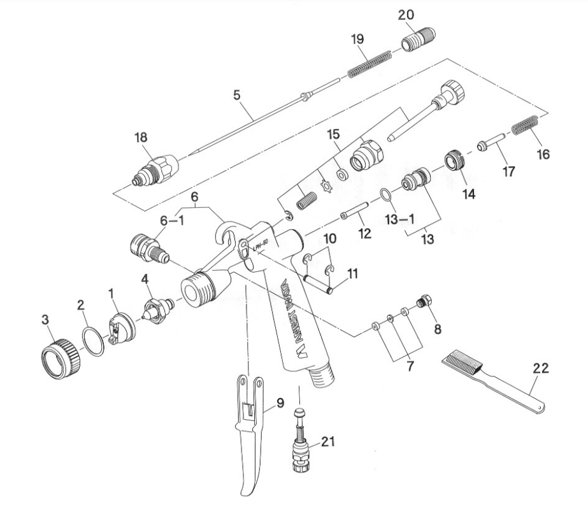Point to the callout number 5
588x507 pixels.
coord(237,96)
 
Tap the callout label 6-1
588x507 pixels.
coord(171,220)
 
